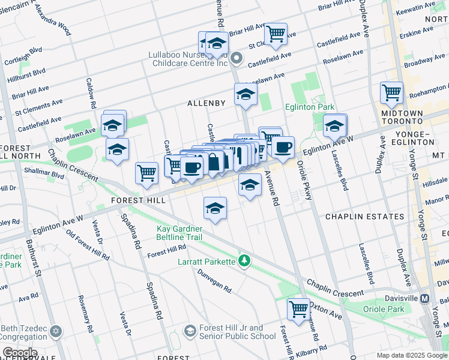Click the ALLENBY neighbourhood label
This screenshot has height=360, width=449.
click(206, 103)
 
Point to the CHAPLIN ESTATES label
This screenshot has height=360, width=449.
click(364, 216)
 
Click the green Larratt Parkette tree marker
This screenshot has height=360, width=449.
click(244, 260)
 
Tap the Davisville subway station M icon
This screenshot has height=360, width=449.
click(425, 298)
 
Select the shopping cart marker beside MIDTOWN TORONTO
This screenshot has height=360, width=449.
click(391, 93)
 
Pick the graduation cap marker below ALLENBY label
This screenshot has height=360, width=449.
click(246, 95)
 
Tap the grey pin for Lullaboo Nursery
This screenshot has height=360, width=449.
click(237, 59)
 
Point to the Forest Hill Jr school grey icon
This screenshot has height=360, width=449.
click(190, 331)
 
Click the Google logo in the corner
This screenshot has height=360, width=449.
click(19, 353)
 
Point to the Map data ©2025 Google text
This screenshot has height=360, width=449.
click(412, 355)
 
